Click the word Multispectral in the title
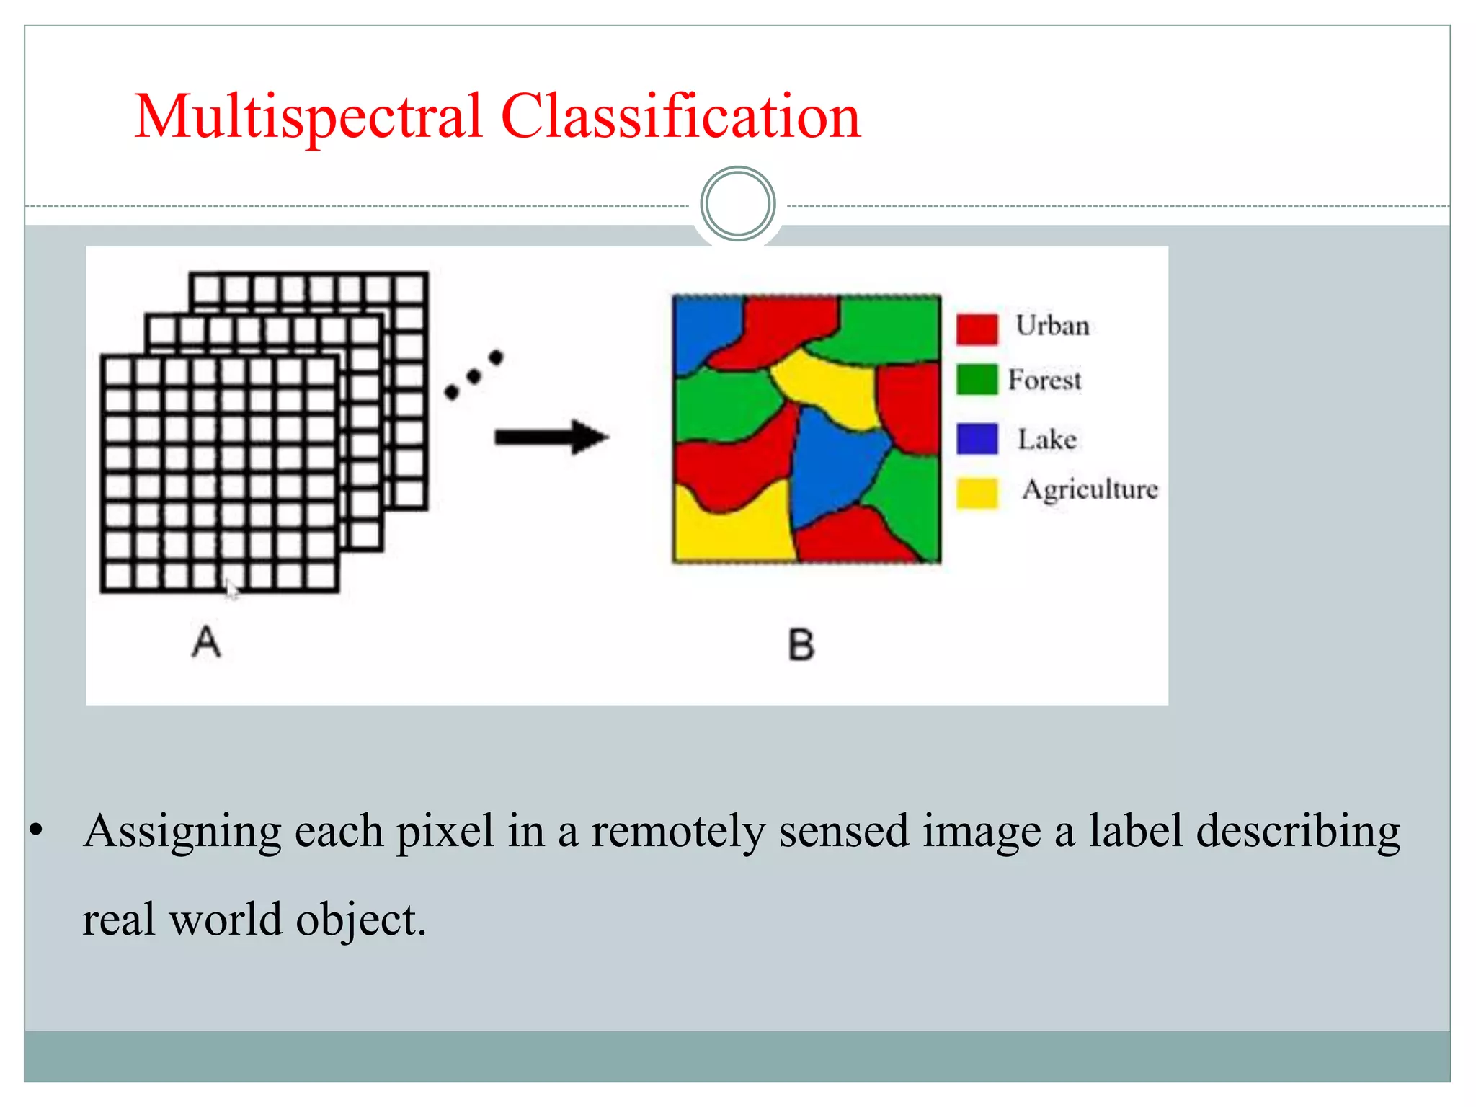pos(308,117)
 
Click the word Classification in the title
pos(680,117)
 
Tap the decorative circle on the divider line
pos(737,204)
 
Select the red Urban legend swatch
pos(977,329)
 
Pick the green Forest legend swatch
pos(977,379)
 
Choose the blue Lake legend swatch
pos(977,438)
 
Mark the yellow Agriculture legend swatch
pos(977,493)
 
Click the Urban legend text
pos(1052,326)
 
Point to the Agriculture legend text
pos(1090,490)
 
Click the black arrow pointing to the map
pos(551,437)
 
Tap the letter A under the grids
pos(206,641)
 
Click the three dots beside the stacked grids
pos(474,375)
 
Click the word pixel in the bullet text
pos(445,831)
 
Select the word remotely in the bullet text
pos(677,831)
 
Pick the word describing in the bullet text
pos(1297,831)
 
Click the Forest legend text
pos(1044,380)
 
